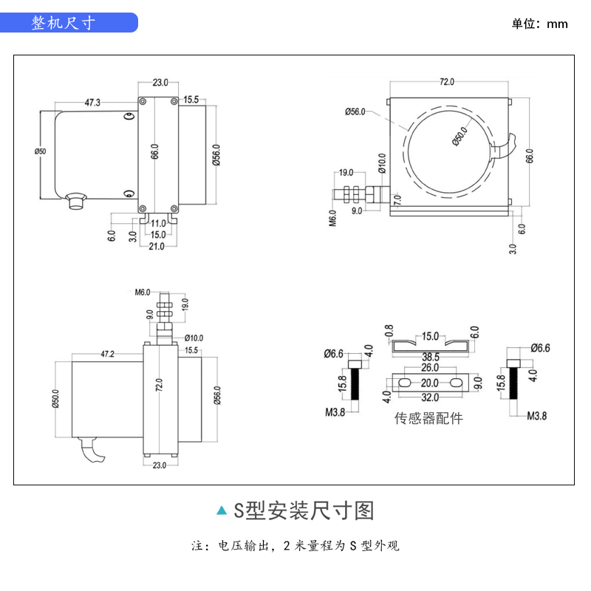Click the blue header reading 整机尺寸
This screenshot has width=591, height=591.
pyautogui.click(x=64, y=23)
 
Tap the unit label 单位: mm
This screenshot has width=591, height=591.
pyautogui.click(x=540, y=24)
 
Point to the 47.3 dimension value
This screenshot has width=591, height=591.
pyautogui.click(x=93, y=103)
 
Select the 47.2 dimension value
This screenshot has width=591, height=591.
pyautogui.click(x=108, y=355)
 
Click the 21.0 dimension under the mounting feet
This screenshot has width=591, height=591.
pyautogui.click(x=156, y=247)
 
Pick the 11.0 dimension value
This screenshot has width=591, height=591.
pyautogui.click(x=158, y=223)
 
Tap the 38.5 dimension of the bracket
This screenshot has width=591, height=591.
pyautogui.click(x=431, y=356)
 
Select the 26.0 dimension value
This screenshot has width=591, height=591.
pyautogui.click(x=431, y=368)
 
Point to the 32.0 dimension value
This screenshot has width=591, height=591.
pyautogui.click(x=431, y=397)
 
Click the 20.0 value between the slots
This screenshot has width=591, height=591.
pyautogui.click(x=431, y=383)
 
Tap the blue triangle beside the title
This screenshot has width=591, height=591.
pyautogui.click(x=221, y=510)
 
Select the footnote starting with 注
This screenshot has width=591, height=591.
pyautogui.click(x=295, y=547)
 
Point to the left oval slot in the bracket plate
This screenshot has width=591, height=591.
pyautogui.click(x=403, y=383)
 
